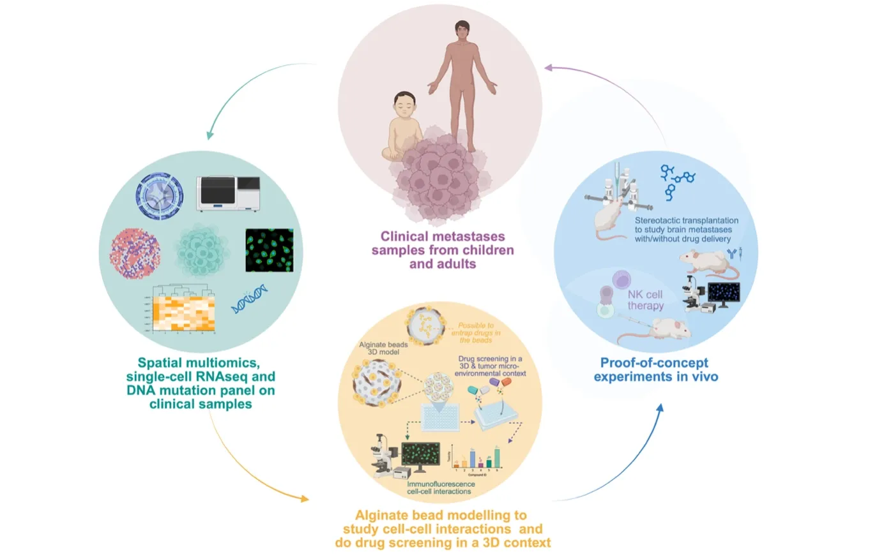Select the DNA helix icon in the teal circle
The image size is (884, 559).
pyautogui.click(x=249, y=299)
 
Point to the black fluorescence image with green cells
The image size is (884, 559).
pyautogui.click(x=270, y=250)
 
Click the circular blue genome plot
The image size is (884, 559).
pyautogui.click(x=159, y=197)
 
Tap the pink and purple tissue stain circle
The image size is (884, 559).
pyautogui.click(x=135, y=254)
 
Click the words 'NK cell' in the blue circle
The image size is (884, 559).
pyautogui.click(x=645, y=294)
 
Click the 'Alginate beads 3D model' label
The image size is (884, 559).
pyautogui.click(x=383, y=348)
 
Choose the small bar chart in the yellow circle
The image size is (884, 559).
pyautogui.click(x=476, y=458)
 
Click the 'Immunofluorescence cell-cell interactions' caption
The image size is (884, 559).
pyautogui.click(x=441, y=488)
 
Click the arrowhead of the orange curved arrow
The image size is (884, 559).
pyautogui.click(x=305, y=498)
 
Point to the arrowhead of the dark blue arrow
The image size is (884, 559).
pyautogui.click(x=660, y=407)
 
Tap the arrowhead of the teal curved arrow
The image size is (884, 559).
pyautogui.click(x=210, y=135)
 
